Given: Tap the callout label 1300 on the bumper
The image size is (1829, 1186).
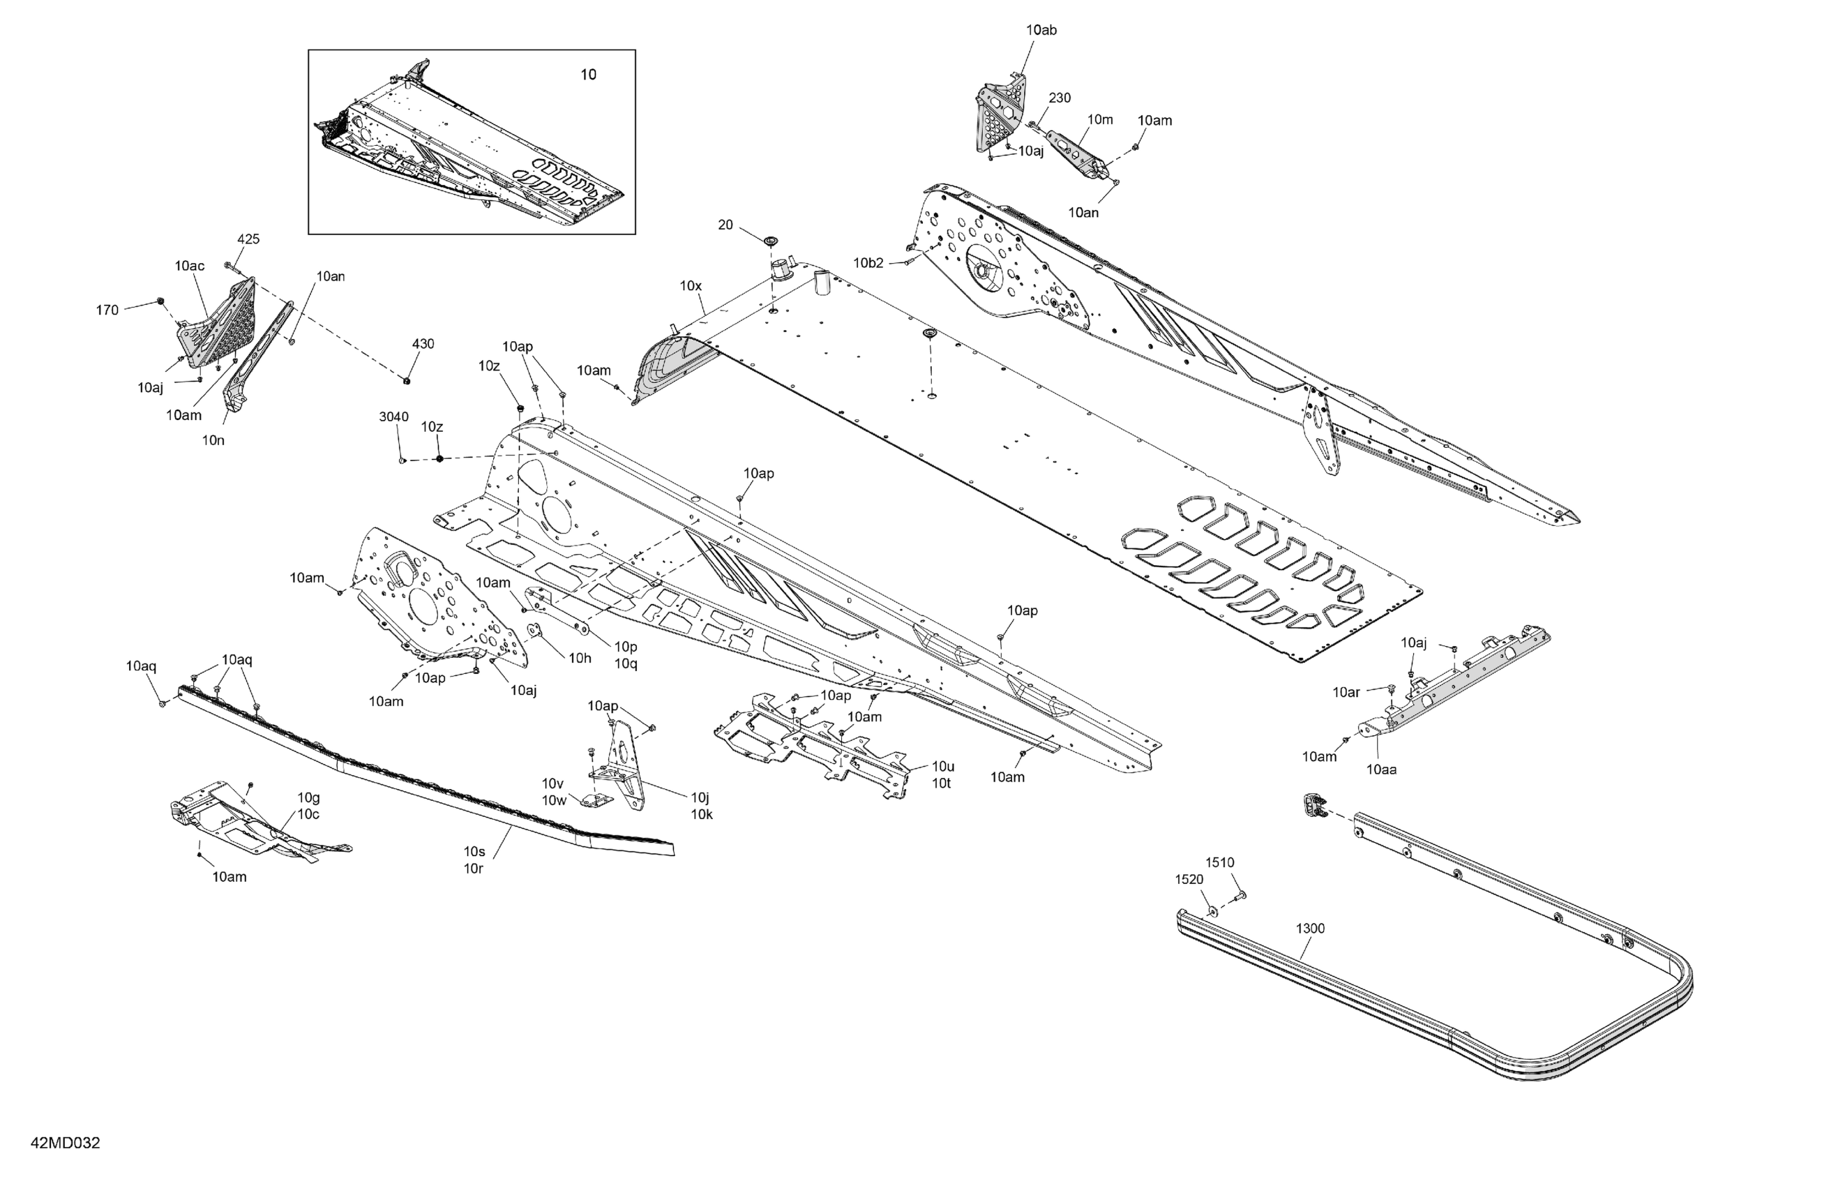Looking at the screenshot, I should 1309,928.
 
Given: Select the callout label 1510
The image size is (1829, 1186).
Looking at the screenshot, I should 1219,862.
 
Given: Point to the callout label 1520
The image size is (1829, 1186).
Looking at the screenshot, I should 1188,879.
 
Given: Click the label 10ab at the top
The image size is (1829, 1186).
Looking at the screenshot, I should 1041,30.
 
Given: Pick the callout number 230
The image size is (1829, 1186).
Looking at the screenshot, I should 1059,98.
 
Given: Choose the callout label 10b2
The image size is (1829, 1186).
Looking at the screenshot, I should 868,263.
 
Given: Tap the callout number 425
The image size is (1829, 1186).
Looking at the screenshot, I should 248,239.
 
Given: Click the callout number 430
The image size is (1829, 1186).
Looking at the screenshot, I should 423,343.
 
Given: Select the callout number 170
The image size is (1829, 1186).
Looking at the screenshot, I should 107,310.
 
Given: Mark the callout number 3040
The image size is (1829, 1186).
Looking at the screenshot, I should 393,416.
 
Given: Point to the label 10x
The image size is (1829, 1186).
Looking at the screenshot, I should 690,286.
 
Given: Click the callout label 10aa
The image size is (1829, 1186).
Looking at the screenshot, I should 1381,769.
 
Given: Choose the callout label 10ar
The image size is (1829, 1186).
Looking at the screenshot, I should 1346,692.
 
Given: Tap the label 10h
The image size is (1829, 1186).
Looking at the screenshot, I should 580,657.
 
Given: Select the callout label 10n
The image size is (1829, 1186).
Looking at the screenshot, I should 213,440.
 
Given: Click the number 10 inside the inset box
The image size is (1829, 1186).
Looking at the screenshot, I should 588,75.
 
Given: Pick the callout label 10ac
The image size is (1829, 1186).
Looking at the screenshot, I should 189,266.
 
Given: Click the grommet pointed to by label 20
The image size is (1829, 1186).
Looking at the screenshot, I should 769,241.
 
